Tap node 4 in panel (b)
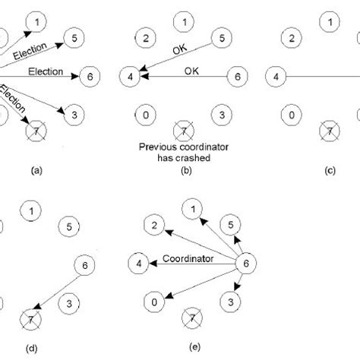(131, 76)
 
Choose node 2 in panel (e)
(153, 225)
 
